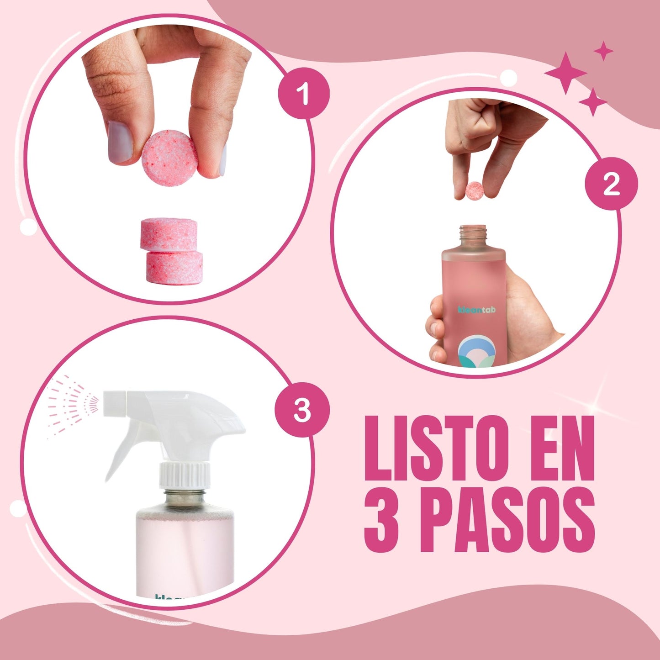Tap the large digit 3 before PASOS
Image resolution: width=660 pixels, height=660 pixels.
tap(382, 521)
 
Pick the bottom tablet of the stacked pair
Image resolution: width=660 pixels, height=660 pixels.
tap(174, 268)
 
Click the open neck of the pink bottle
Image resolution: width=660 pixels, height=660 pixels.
tap(473, 234)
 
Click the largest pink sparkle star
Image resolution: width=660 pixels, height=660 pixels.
tap(565, 73)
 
